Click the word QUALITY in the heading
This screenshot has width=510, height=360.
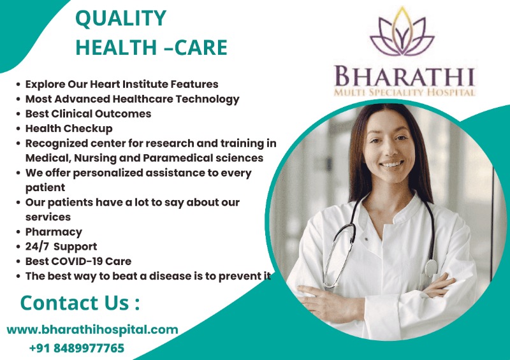pos(120,18)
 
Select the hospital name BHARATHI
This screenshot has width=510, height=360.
pos(404,78)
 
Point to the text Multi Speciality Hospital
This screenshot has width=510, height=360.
pos(404,93)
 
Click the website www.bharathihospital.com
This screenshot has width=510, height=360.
pos(92,329)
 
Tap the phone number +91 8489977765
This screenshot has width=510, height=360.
pos(76,348)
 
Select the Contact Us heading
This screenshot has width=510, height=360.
pos(80,302)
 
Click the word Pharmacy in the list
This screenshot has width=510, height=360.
pos(54,232)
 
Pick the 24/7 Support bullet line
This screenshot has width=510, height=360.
pos(61,247)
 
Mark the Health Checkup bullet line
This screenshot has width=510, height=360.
pos(69,129)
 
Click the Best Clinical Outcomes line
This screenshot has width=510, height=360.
pos(88,113)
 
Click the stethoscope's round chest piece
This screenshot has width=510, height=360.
pos(432,267)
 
